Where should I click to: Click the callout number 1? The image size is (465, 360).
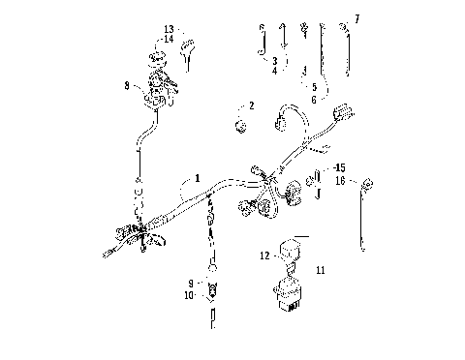point(197,178)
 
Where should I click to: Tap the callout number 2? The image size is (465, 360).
point(251,105)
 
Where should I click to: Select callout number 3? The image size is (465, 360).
point(274,60)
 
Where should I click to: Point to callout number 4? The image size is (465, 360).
point(274,71)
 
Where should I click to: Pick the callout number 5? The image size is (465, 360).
point(313,87)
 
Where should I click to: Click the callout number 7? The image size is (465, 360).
point(356,18)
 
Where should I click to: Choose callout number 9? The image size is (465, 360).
point(190,283)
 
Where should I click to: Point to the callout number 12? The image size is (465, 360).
point(263,255)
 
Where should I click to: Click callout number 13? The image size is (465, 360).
point(169,29)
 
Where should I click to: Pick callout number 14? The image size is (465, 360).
point(169,39)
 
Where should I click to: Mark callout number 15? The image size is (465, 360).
point(339,167)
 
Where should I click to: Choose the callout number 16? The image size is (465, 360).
point(340,180)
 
